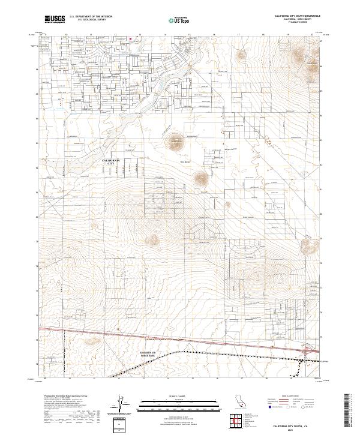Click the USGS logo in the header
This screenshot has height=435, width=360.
click(55, 19)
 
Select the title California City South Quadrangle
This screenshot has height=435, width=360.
click(296, 16)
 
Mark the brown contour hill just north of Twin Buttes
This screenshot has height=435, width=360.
click(175, 143)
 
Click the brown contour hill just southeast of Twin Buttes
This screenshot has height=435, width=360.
click(199, 178)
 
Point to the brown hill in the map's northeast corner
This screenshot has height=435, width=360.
click(298, 59)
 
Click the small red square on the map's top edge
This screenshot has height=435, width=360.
click(130, 41)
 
